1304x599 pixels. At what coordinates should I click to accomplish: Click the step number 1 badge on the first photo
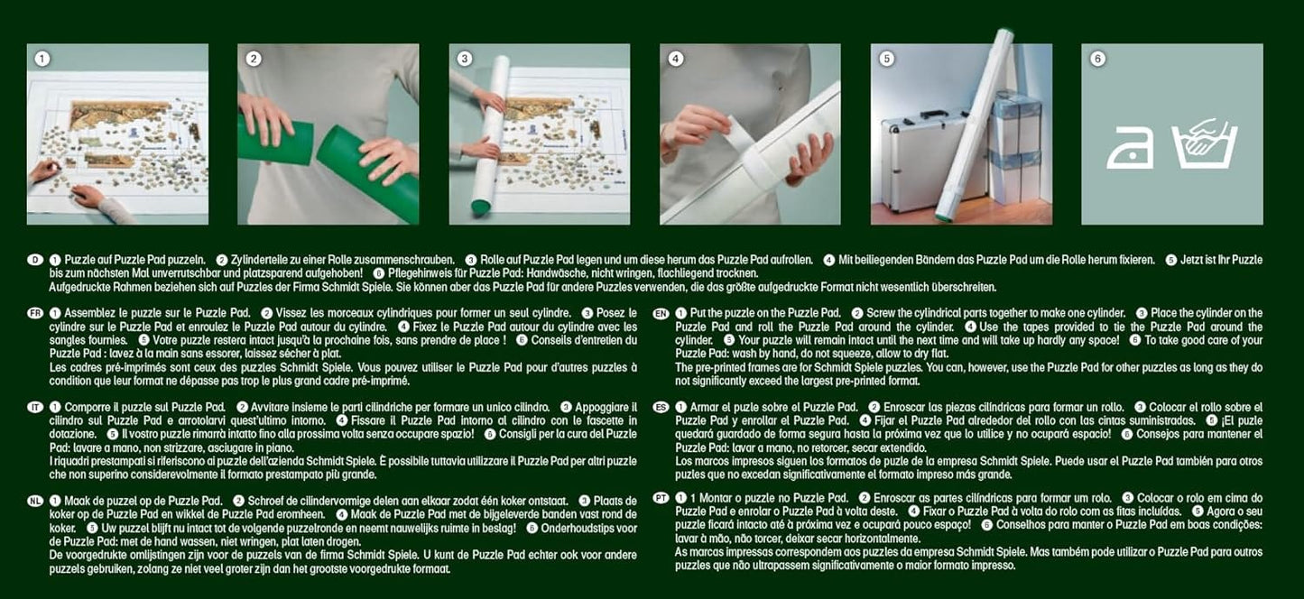coord(42,59)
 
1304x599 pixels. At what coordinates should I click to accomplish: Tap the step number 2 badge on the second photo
coord(254,59)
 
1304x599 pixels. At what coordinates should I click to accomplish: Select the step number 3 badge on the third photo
coord(465,59)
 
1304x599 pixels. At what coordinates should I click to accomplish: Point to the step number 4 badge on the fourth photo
coord(675,59)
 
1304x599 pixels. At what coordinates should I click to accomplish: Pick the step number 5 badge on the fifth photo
coord(886,59)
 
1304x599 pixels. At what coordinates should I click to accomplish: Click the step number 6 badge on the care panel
coord(1097,59)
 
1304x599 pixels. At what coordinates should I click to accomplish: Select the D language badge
coord(34,260)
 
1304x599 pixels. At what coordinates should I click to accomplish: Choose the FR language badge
coord(34,311)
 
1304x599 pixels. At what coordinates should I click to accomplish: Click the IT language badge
coord(34,408)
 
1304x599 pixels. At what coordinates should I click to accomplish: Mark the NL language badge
coord(34,500)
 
